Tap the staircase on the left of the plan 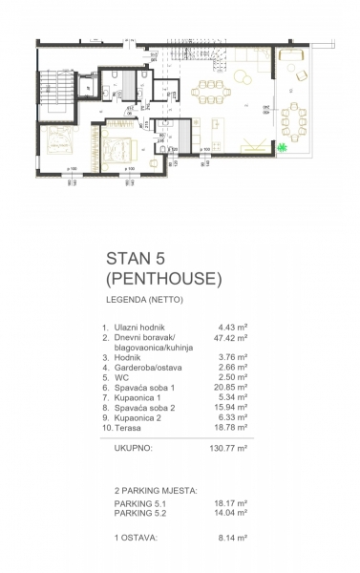click(x=55, y=95)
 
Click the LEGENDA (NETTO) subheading click(x=143, y=302)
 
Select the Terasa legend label click(x=129, y=434)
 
